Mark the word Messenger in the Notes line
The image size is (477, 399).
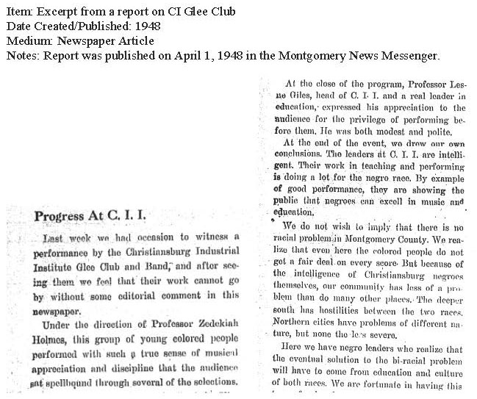pyautogui.click(x=412, y=55)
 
